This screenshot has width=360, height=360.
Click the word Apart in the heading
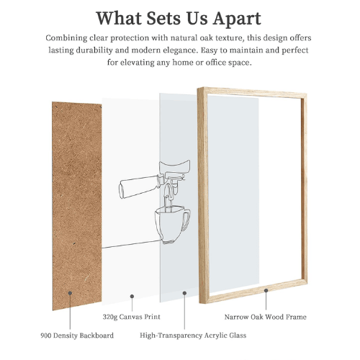pos(237,19)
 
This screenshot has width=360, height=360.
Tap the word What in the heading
pos(119,18)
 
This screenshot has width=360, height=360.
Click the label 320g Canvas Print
pos(132,317)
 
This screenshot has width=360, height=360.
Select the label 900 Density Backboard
pos(77,336)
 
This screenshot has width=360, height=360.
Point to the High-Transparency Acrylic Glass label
pos(193,336)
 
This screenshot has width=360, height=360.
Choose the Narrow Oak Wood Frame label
pos(266,317)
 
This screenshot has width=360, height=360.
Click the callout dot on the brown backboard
pos(70,293)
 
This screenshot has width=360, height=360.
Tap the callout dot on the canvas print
pos(132,297)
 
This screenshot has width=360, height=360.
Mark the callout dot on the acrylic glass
pos(184,293)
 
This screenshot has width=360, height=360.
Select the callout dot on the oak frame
pos(266,290)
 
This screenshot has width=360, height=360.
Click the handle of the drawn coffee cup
pos(186,220)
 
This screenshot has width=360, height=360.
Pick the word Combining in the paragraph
pos(66,38)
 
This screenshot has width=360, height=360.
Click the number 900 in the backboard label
pos(46,336)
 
